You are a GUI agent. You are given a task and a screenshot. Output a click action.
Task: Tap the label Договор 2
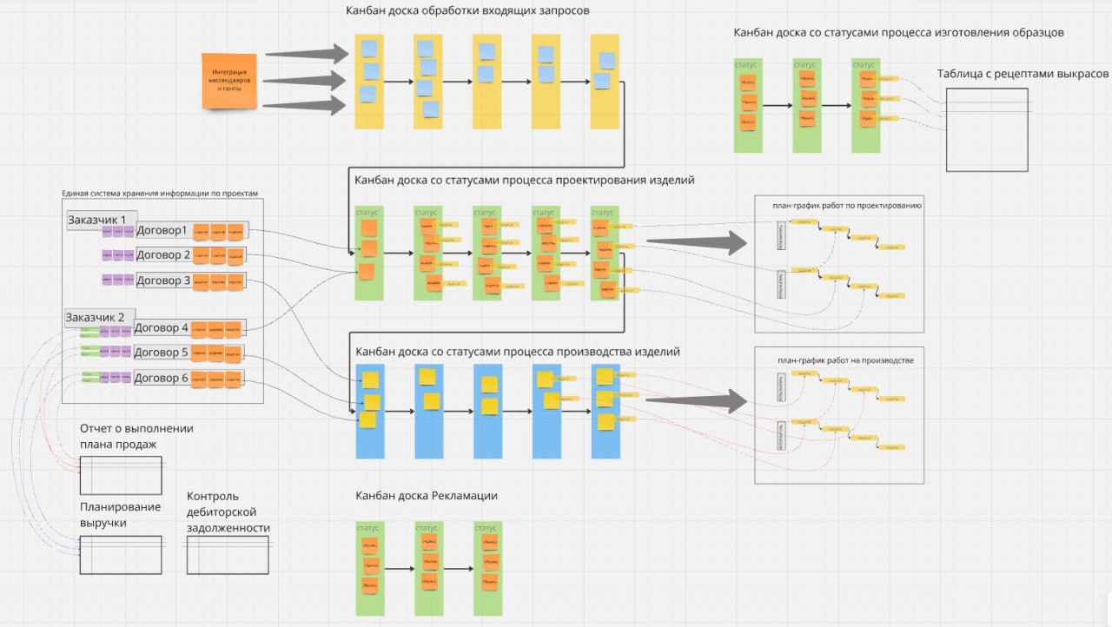[x=162, y=254]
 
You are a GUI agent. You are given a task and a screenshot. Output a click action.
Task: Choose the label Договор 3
[x=162, y=280]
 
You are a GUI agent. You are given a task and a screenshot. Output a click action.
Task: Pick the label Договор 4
[x=161, y=327]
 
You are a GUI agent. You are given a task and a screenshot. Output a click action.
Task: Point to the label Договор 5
[x=161, y=353]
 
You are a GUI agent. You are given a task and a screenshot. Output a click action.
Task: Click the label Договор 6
[x=161, y=378]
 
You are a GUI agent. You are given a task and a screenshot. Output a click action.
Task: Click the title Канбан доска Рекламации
[x=426, y=496]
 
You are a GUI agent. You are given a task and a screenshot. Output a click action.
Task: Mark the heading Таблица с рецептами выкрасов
[x=1023, y=74]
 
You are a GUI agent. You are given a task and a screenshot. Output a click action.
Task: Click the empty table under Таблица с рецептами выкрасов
[x=987, y=129]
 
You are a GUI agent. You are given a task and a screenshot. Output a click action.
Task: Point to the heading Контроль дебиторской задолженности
[x=228, y=511]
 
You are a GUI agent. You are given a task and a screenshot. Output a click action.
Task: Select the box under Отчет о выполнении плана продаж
[x=121, y=474]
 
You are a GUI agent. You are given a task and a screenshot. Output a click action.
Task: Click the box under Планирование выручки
[x=121, y=554]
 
